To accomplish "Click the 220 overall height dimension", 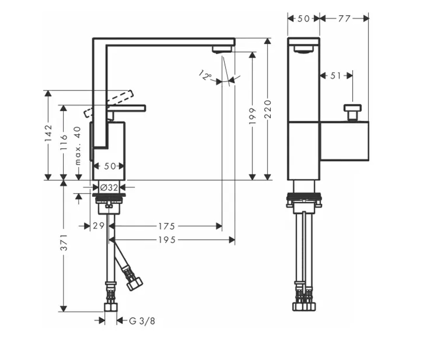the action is [268, 109].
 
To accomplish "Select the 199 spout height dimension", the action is [252, 116].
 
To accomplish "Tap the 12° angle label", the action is [205, 75].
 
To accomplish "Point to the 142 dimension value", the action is [48, 133].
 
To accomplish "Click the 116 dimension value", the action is [64, 142].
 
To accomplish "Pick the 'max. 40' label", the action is [78, 146].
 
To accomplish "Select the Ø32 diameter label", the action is [109, 188].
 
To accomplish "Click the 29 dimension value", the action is [99, 226].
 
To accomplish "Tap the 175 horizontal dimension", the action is [167, 226].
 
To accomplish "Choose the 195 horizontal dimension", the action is [167, 240].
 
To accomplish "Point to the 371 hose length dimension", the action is [64, 242].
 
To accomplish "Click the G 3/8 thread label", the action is [142, 321].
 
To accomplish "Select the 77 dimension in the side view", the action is [344, 19].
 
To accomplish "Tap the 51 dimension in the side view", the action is [336, 76].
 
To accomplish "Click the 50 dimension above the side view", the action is [303, 19].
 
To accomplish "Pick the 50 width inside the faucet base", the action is [110, 166].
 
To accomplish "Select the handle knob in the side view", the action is [353, 113].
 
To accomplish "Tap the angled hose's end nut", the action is [135, 285].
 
